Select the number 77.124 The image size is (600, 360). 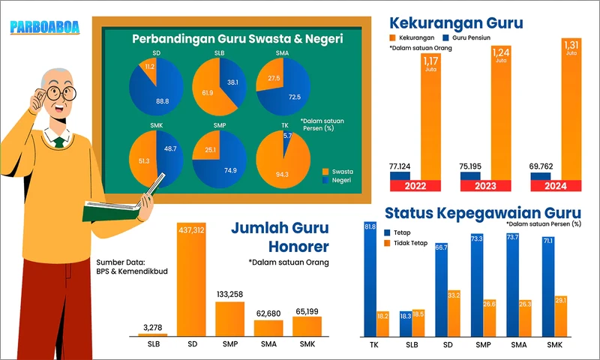[x=405, y=166]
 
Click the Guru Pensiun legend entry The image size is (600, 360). [x=469, y=36]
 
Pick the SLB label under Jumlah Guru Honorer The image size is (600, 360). [x=152, y=344]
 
